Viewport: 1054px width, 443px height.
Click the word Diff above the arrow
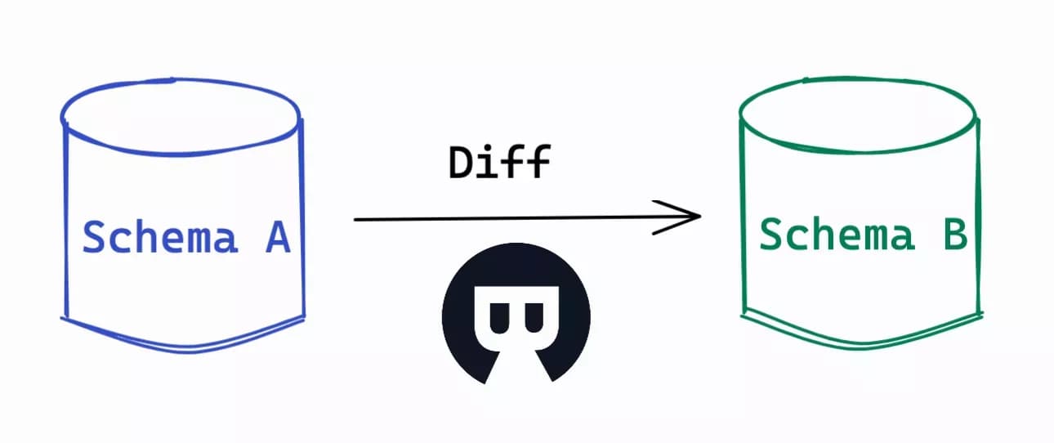pos(500,162)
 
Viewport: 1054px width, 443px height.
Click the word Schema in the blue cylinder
pos(160,237)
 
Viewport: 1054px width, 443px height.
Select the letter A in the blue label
pos(278,237)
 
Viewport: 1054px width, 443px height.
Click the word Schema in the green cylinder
pos(837,234)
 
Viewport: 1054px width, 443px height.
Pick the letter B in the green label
pos(956,234)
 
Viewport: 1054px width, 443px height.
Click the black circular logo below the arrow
pos(516,314)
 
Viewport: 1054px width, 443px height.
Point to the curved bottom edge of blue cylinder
pos(184,349)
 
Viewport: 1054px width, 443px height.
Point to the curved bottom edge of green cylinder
pos(861,346)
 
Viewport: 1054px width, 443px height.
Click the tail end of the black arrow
pos(355,219)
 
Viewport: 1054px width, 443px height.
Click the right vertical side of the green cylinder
pos(979,217)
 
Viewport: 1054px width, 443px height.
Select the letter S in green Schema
pos(770,234)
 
